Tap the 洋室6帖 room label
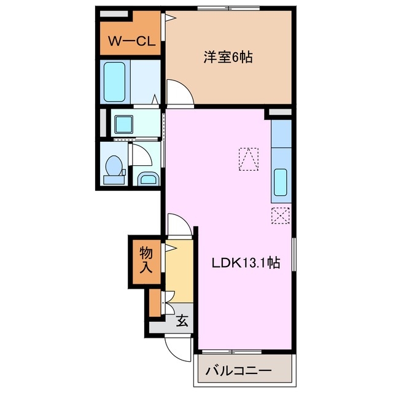click(x=228, y=58)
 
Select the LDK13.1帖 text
click(x=246, y=263)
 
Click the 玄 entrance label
click(x=182, y=320)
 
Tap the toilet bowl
click(x=114, y=168)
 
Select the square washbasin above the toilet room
click(x=128, y=124)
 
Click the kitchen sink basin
click(x=280, y=182)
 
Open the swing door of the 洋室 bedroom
click(x=179, y=94)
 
